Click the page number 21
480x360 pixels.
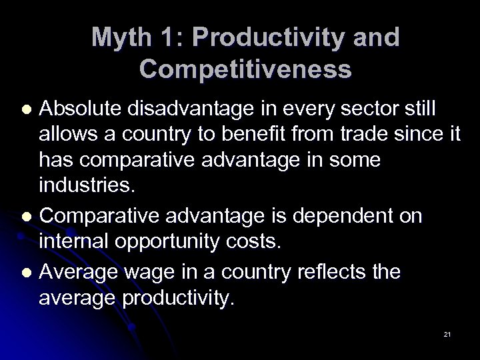pos(447,333)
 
